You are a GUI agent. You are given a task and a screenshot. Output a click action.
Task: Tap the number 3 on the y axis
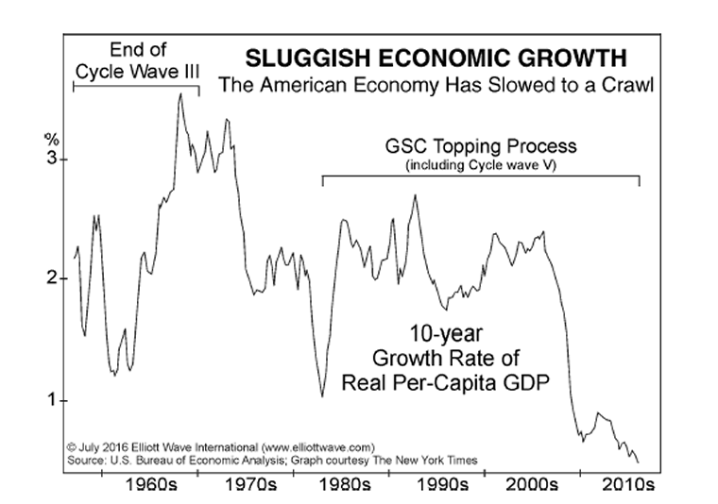[53, 159]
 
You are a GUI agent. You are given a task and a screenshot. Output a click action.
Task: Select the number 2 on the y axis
[53, 278]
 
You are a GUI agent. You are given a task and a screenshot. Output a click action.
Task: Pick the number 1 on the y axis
[53, 400]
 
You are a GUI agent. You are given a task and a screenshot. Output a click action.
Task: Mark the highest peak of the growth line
[180, 93]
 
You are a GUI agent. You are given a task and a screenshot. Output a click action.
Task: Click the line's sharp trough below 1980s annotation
[322, 396]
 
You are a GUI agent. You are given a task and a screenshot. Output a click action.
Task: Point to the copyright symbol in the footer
[72, 446]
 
